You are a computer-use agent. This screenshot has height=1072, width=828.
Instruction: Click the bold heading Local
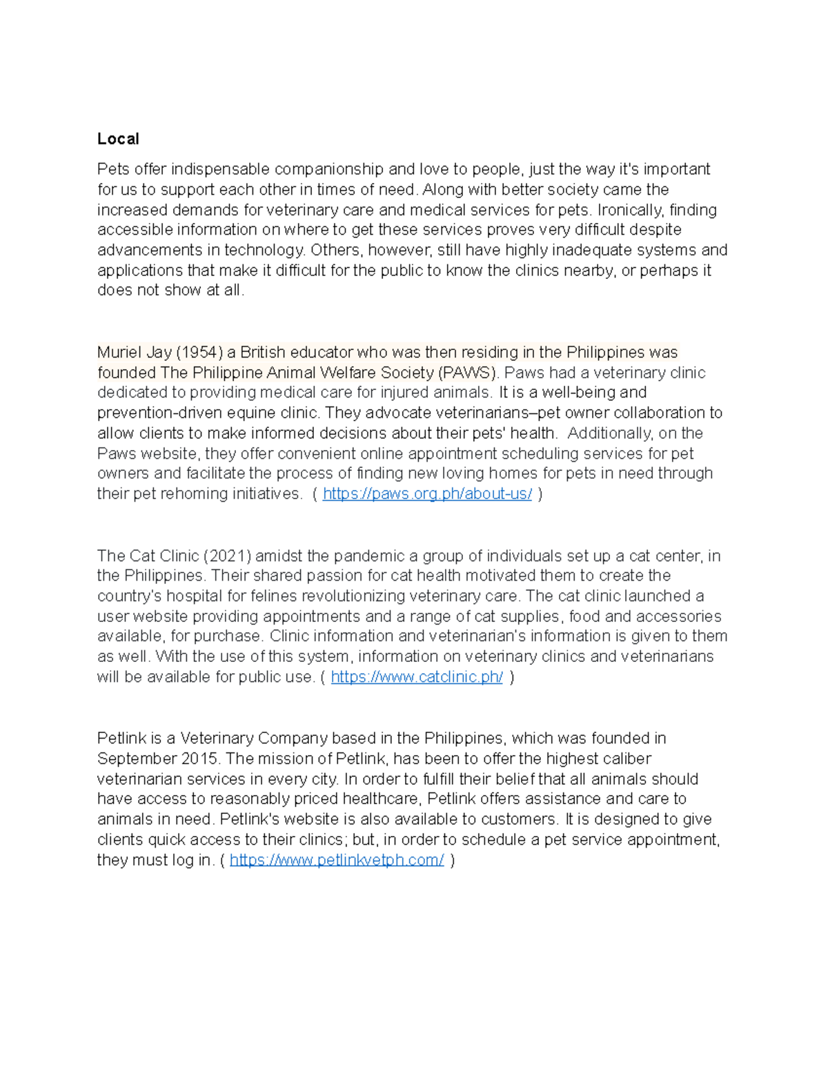pos(118,139)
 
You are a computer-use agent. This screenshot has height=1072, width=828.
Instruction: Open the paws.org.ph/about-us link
pos(427,494)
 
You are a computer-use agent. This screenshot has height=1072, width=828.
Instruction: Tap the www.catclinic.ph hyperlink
pos(417,676)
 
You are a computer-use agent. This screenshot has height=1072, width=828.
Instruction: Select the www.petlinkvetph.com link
pos(336,859)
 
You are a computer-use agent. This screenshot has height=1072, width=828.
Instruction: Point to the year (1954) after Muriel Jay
pos(199,352)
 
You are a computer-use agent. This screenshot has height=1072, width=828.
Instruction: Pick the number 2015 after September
pos(200,759)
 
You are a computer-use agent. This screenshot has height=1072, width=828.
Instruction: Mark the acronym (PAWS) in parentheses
pos(467,373)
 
